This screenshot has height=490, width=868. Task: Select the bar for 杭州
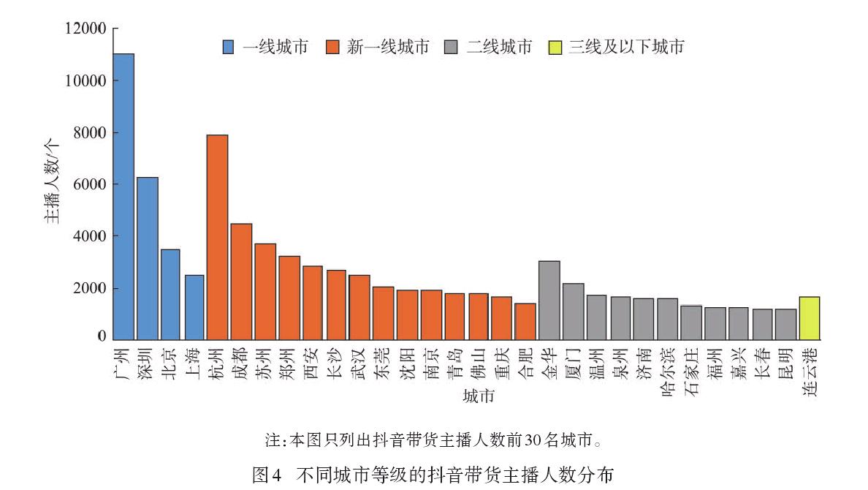pos(218,237)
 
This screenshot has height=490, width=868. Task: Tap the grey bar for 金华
pos(549,300)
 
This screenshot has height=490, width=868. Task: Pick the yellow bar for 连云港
pos(810,317)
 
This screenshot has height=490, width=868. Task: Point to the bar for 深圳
pos(147,258)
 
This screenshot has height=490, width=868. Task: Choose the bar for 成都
pos(241,281)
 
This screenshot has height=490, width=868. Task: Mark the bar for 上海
pos(194,307)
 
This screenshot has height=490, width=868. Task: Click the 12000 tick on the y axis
pos(86,29)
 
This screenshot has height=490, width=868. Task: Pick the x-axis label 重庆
pos(501,363)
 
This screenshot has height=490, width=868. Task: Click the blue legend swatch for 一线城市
pos(229,48)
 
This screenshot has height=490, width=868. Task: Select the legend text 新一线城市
pos(388,48)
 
